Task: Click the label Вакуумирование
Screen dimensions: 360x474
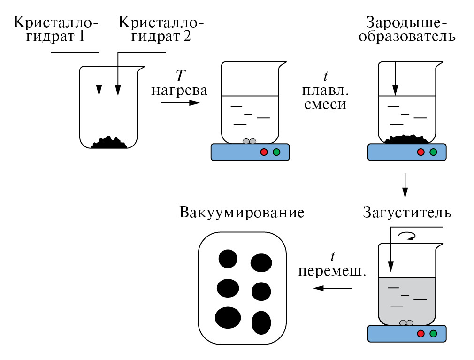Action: click(242, 213)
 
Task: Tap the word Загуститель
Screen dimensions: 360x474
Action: click(407, 213)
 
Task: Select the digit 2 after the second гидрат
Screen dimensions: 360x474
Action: click(187, 37)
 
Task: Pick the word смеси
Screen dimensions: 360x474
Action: click(325, 105)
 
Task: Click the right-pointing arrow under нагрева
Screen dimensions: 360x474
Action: click(180, 103)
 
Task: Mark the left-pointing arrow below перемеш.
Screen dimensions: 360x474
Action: click(332, 288)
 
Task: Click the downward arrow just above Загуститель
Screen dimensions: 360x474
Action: click(405, 186)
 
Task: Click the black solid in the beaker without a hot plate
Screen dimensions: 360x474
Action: click(109, 142)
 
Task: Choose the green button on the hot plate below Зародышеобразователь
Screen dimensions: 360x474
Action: click(433, 152)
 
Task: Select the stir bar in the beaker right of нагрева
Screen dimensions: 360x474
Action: click(249, 141)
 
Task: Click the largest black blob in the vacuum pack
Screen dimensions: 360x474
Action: click(228, 318)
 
